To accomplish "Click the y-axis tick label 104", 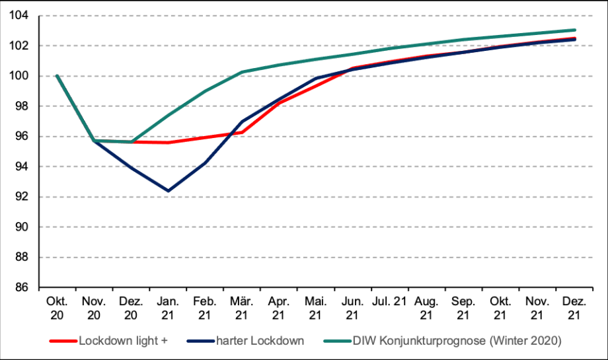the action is [x=19, y=15].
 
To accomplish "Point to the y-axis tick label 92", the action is [x=22, y=196].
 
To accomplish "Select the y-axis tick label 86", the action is [x=22, y=287].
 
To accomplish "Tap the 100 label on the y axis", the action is [x=19, y=76].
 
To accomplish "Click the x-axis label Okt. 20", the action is [x=57, y=308].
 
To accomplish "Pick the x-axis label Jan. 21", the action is [x=167, y=308].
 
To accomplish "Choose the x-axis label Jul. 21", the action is [x=389, y=301].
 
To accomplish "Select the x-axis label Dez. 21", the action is [x=574, y=308].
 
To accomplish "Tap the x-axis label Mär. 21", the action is [x=242, y=308].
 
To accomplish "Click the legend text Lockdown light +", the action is [x=124, y=341].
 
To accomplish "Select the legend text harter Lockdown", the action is [x=260, y=341].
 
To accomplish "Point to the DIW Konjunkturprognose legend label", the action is [x=457, y=341].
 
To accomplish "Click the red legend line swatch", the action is [x=63, y=341].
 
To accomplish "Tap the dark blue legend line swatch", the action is [x=201, y=341].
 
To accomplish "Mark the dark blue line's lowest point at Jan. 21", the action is [x=168, y=191].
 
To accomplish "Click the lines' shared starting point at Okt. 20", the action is [x=57, y=76].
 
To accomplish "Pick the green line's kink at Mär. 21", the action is [x=242, y=72].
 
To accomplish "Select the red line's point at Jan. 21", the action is [x=168, y=143].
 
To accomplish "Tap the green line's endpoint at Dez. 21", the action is [x=574, y=30].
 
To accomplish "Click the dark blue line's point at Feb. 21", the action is [x=205, y=162].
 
